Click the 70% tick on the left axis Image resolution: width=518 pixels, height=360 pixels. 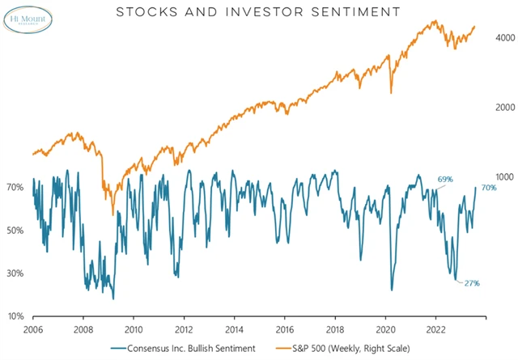17,187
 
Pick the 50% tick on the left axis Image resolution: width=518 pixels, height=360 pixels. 17,231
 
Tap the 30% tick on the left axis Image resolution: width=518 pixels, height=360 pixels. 17,273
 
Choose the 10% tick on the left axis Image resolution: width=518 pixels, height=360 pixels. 17,316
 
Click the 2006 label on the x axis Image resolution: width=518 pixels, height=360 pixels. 33,329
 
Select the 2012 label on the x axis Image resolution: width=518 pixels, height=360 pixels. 184,329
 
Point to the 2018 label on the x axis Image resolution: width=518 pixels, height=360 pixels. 335,329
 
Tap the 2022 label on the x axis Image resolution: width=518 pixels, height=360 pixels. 435,329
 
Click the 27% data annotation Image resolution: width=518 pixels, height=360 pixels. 472,283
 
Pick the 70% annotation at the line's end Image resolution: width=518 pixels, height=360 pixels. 488,188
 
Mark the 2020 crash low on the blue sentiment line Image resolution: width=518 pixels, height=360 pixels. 392,290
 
